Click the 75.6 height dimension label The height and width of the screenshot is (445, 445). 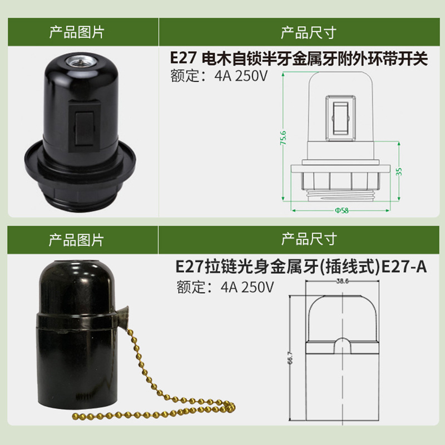tap(283, 138)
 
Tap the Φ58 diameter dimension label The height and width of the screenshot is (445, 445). tap(342, 211)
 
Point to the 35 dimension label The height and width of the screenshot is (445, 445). tap(399, 171)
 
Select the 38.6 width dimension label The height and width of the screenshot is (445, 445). tap(342, 281)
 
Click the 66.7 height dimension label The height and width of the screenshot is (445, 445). tap(290, 358)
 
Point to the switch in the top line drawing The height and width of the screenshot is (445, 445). tap(340, 118)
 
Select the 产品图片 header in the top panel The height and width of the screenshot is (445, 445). tap(77, 32)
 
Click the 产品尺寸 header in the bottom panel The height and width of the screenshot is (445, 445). tap(309, 239)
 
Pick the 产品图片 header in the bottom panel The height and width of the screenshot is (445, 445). tap(76, 240)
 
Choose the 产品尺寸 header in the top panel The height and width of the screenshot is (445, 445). tap(309, 33)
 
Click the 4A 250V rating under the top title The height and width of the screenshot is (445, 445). tap(241, 76)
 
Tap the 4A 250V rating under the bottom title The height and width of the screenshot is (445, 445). tap(247, 287)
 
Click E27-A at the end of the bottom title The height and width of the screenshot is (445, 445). tap(404, 266)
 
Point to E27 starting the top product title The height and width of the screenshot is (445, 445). tap(183, 58)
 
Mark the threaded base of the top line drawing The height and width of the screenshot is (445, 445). tap(341, 195)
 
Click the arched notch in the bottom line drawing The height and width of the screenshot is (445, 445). tap(343, 345)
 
